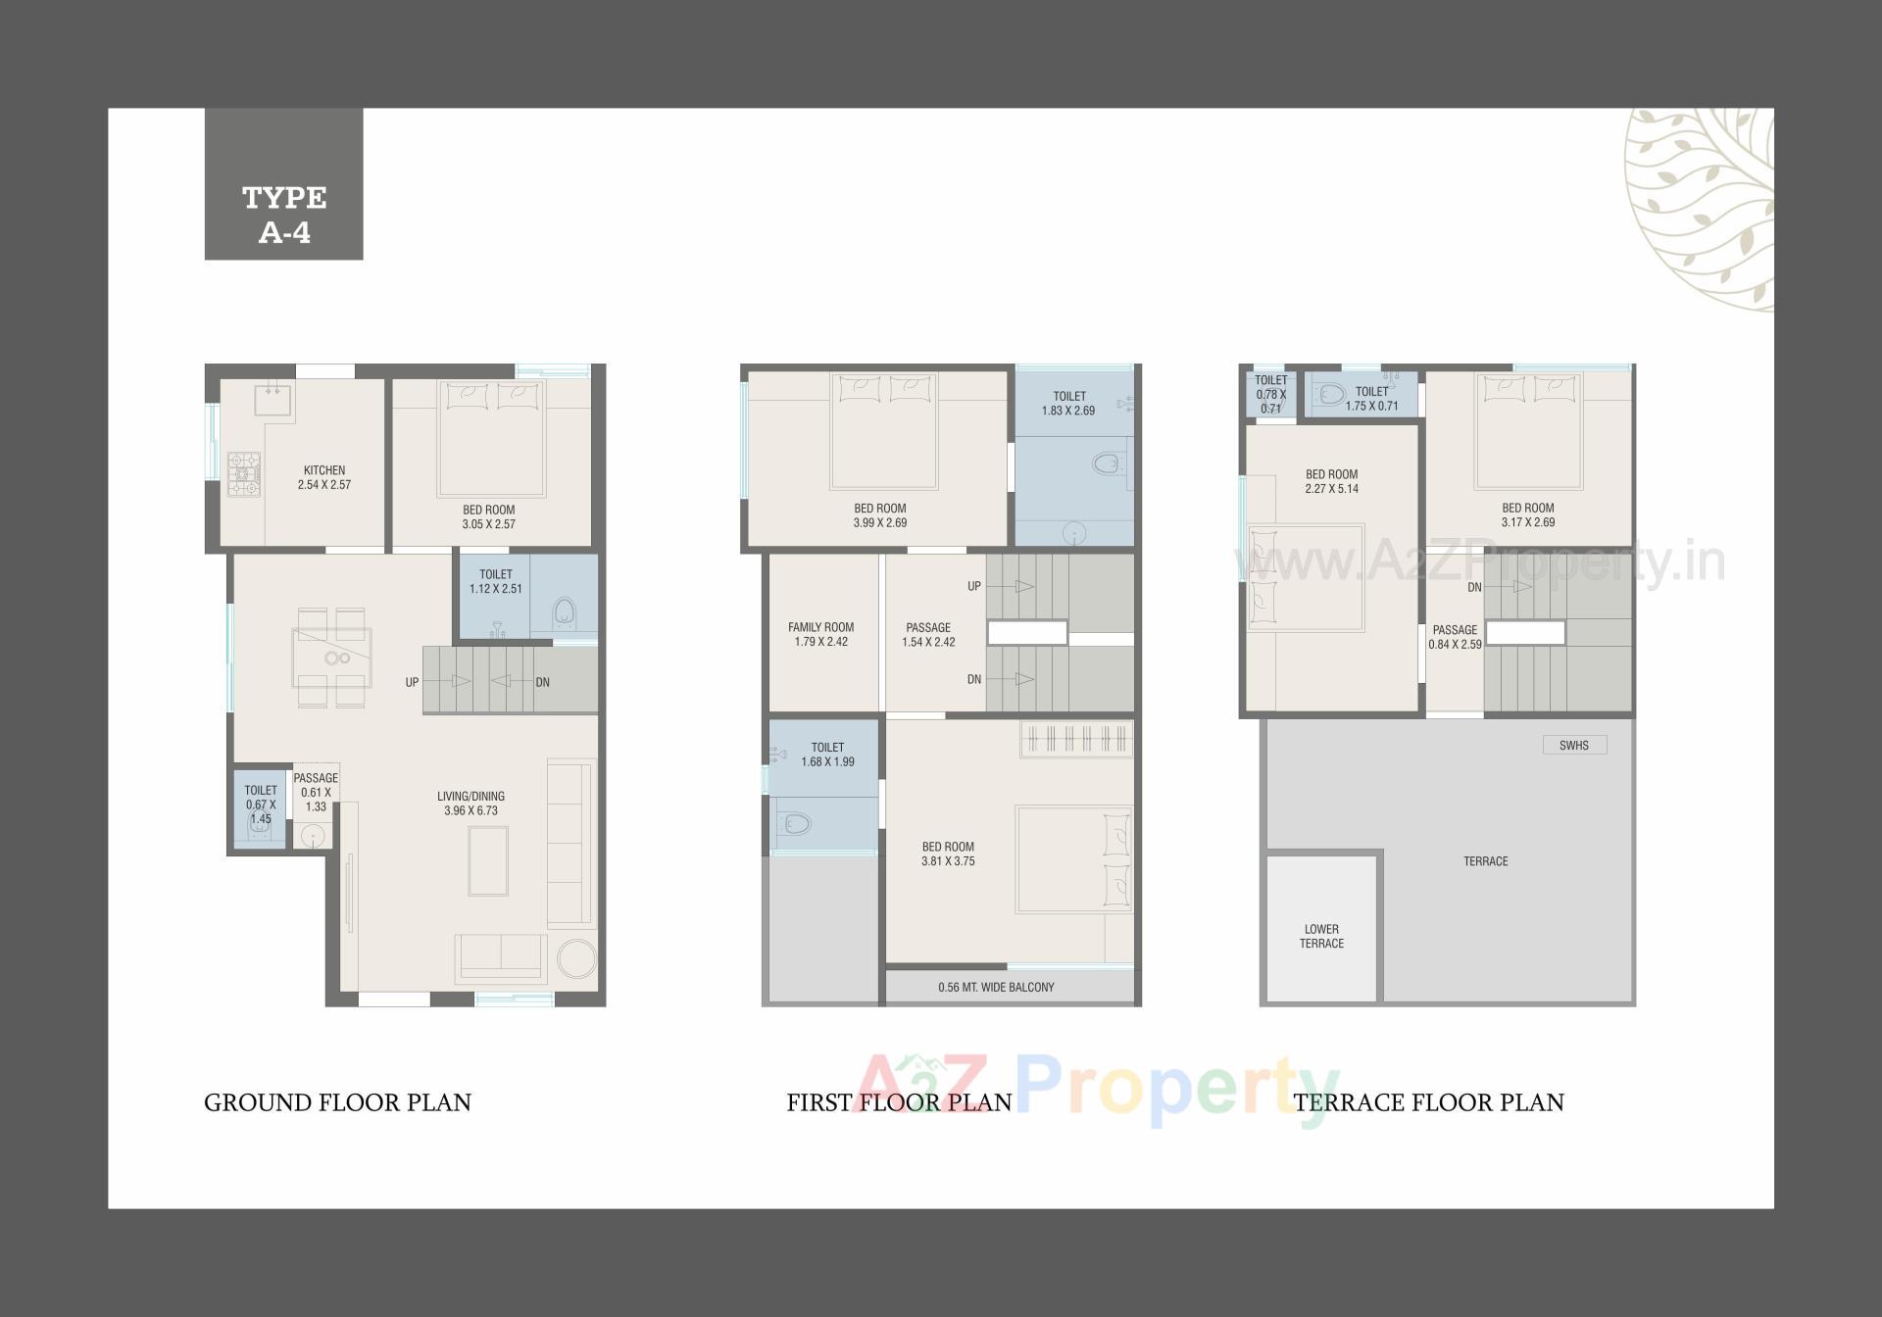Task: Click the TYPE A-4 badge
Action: click(x=283, y=184)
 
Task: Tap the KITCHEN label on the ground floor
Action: click(x=324, y=470)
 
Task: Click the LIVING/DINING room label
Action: click(x=470, y=796)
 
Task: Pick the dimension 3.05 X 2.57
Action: click(x=488, y=524)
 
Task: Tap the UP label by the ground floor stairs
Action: click(x=412, y=682)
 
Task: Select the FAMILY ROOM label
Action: click(x=820, y=627)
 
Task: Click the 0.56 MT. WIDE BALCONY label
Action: click(x=996, y=987)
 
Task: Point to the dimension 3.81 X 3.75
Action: click(x=948, y=861)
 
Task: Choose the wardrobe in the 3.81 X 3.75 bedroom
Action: click(x=1075, y=738)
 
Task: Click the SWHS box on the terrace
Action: click(x=1574, y=745)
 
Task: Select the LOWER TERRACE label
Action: click(x=1321, y=936)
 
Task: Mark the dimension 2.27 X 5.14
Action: click(x=1331, y=489)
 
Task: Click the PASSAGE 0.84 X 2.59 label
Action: click(x=1455, y=637)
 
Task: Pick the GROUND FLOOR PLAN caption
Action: click(x=337, y=1102)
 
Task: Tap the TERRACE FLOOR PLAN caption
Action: click(x=1428, y=1102)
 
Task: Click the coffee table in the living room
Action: click(x=488, y=860)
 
